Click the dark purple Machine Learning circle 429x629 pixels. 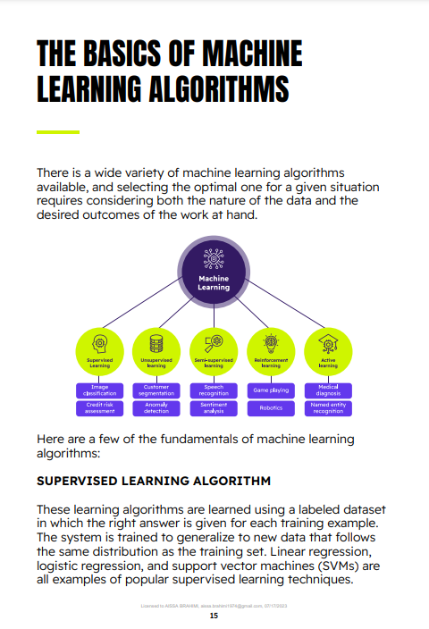(214, 272)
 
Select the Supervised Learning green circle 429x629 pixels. (99, 351)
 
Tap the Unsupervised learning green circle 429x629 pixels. (156, 351)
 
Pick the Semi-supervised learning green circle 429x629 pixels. (214, 351)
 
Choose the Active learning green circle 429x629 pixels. (328, 351)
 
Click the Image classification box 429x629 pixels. (99, 390)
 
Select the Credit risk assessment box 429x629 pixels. (99, 408)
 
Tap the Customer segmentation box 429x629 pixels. (156, 390)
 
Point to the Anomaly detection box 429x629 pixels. (156, 408)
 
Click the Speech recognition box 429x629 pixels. (214, 390)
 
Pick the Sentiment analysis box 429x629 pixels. (214, 408)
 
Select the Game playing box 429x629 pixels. (271, 390)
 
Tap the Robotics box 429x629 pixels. (271, 408)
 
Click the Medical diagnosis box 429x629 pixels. (328, 390)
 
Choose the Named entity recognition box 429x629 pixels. (328, 408)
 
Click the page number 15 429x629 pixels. (214, 616)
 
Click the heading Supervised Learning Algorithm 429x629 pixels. (153, 481)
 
